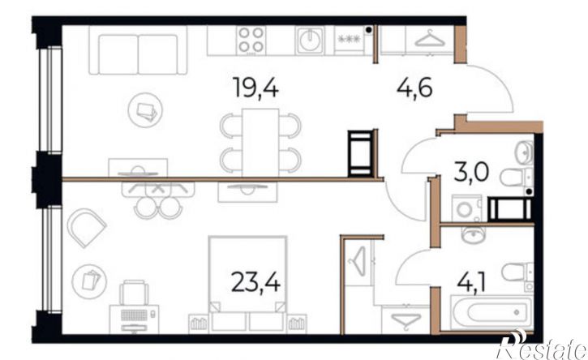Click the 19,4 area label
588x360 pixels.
tap(255, 87)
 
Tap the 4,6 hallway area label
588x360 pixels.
tap(414, 89)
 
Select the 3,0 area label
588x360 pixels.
tap(471, 173)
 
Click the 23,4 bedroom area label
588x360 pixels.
tap(255, 281)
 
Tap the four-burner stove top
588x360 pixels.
tap(251, 40)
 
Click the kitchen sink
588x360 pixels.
tap(310, 40)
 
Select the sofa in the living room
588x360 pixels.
tap(138, 50)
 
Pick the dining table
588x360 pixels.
tap(260, 143)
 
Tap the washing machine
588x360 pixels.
tap(466, 208)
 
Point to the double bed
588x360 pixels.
tap(247, 284)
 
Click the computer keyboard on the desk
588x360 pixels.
tap(134, 315)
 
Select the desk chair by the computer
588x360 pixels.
tap(134, 293)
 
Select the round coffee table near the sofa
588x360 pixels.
tap(145, 110)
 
